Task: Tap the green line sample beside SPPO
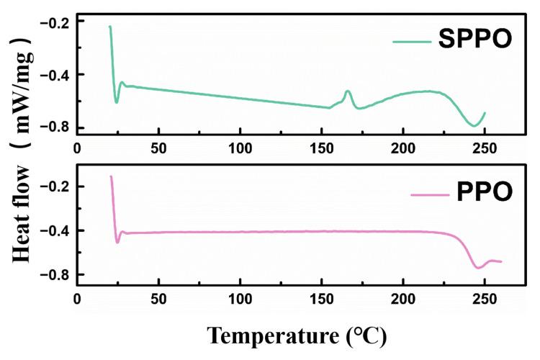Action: pos(411,41)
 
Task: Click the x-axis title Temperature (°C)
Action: pos(298,335)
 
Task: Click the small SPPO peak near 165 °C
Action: pos(348,91)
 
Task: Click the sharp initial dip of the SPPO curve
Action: pos(117,102)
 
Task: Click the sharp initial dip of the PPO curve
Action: pos(117,242)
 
